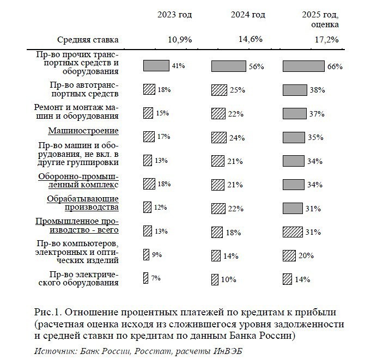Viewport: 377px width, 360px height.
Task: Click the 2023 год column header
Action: click(x=174, y=15)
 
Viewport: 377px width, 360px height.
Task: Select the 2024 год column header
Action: click(x=248, y=15)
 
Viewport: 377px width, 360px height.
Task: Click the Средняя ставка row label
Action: click(x=88, y=40)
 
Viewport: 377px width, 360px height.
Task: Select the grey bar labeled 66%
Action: click(x=303, y=66)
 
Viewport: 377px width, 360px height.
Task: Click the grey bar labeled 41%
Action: click(x=156, y=66)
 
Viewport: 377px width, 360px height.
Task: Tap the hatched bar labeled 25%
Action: click(x=220, y=89)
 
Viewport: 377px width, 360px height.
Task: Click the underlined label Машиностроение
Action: click(x=91, y=131)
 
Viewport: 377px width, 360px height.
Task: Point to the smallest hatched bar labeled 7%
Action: click(x=145, y=278)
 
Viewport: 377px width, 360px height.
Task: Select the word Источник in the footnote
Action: click(x=52, y=350)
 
